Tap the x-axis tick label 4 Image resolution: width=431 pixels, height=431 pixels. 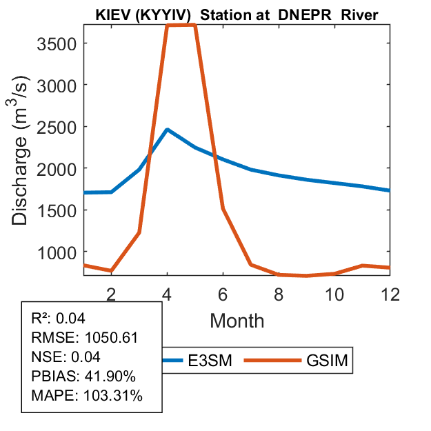167,293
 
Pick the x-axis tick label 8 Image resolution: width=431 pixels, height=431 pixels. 279,293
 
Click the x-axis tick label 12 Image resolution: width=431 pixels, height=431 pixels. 390,293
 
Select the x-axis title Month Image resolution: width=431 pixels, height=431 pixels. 237,320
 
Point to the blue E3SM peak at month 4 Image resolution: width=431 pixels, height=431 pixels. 167,130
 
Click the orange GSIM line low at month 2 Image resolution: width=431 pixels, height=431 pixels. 111,271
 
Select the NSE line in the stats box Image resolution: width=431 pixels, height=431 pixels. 66,357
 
